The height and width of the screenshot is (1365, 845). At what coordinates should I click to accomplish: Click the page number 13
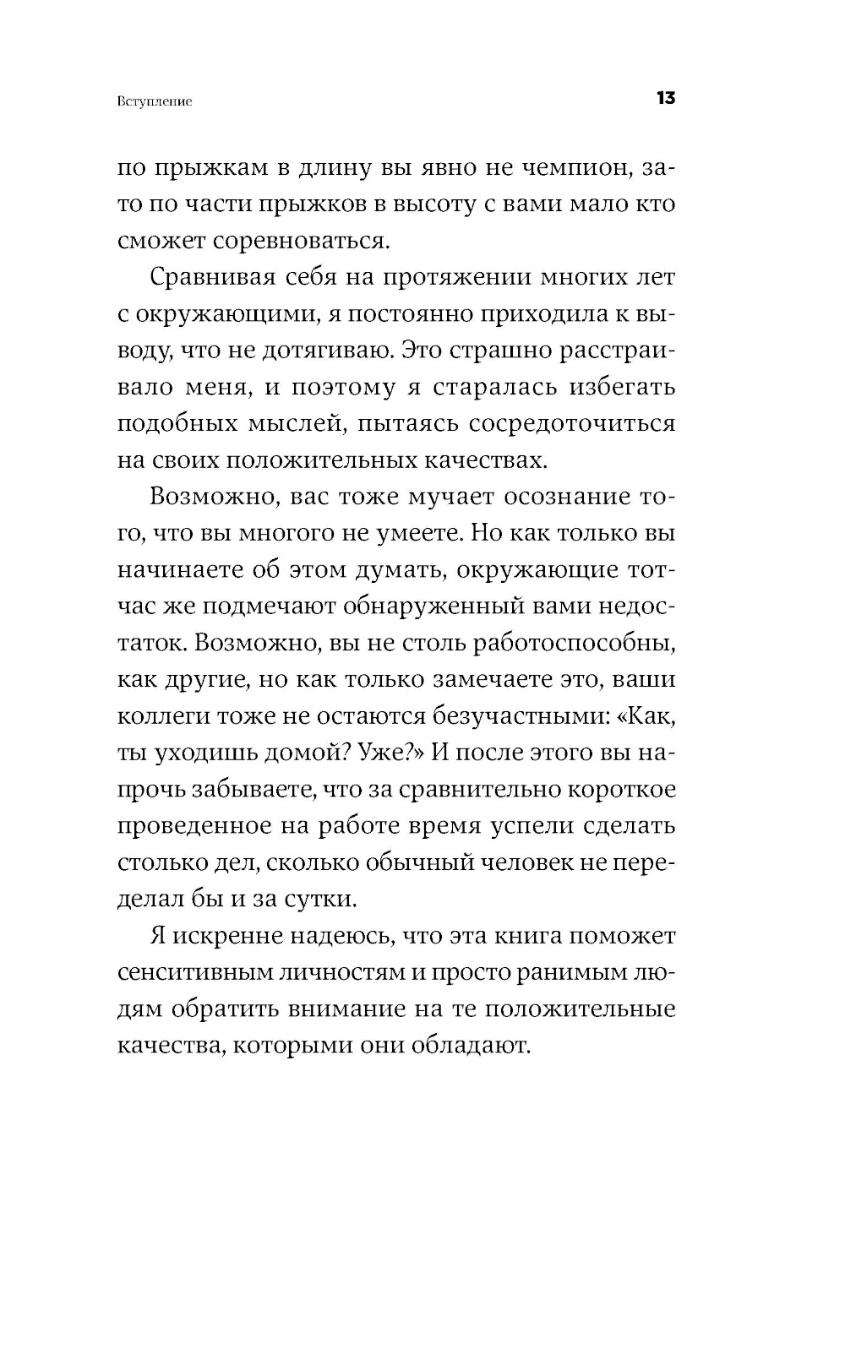(x=665, y=98)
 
